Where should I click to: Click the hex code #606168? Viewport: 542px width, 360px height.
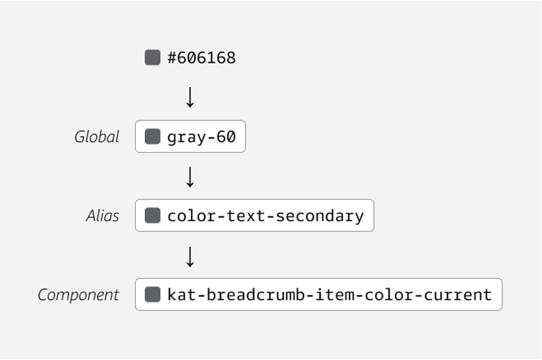point(202,58)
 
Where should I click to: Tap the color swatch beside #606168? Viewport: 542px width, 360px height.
point(152,58)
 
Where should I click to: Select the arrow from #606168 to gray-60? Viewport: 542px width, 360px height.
point(190,97)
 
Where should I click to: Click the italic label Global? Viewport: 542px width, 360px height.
point(97,137)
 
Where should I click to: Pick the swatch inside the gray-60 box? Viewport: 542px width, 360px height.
point(152,136)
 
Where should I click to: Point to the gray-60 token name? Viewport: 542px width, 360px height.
point(202,137)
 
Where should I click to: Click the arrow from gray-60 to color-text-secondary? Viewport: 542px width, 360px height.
point(190,177)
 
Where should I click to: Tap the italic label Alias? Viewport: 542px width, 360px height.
point(103,216)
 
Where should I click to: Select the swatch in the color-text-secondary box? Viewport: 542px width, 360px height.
point(152,215)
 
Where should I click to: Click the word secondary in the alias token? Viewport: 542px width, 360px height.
point(320,217)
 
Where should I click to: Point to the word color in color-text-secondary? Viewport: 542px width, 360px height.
point(192,217)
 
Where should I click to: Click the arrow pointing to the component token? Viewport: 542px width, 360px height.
point(190,256)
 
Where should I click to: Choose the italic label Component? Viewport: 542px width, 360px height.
point(78,295)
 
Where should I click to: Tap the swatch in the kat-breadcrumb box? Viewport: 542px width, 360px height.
point(152,294)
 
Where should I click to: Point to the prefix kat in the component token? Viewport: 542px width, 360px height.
point(182,295)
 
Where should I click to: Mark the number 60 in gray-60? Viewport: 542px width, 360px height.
point(226,137)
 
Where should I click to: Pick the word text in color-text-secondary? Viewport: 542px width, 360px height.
point(246,217)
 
